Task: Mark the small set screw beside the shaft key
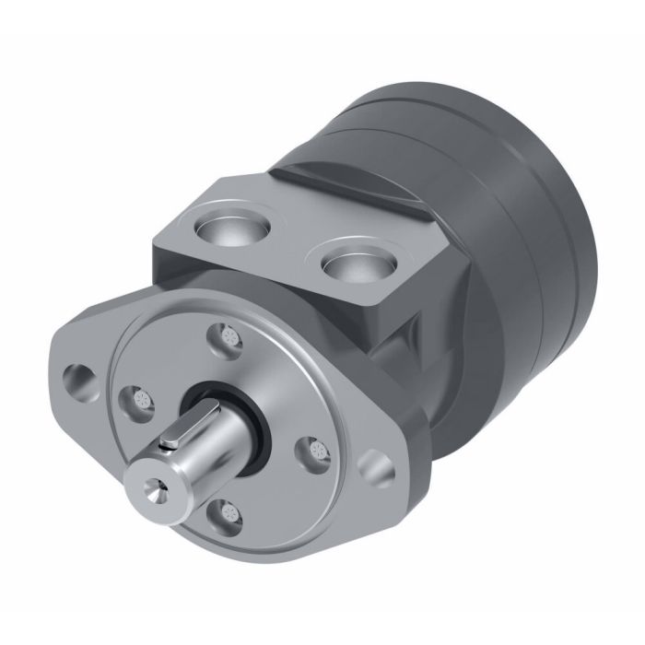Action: coord(170,446)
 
